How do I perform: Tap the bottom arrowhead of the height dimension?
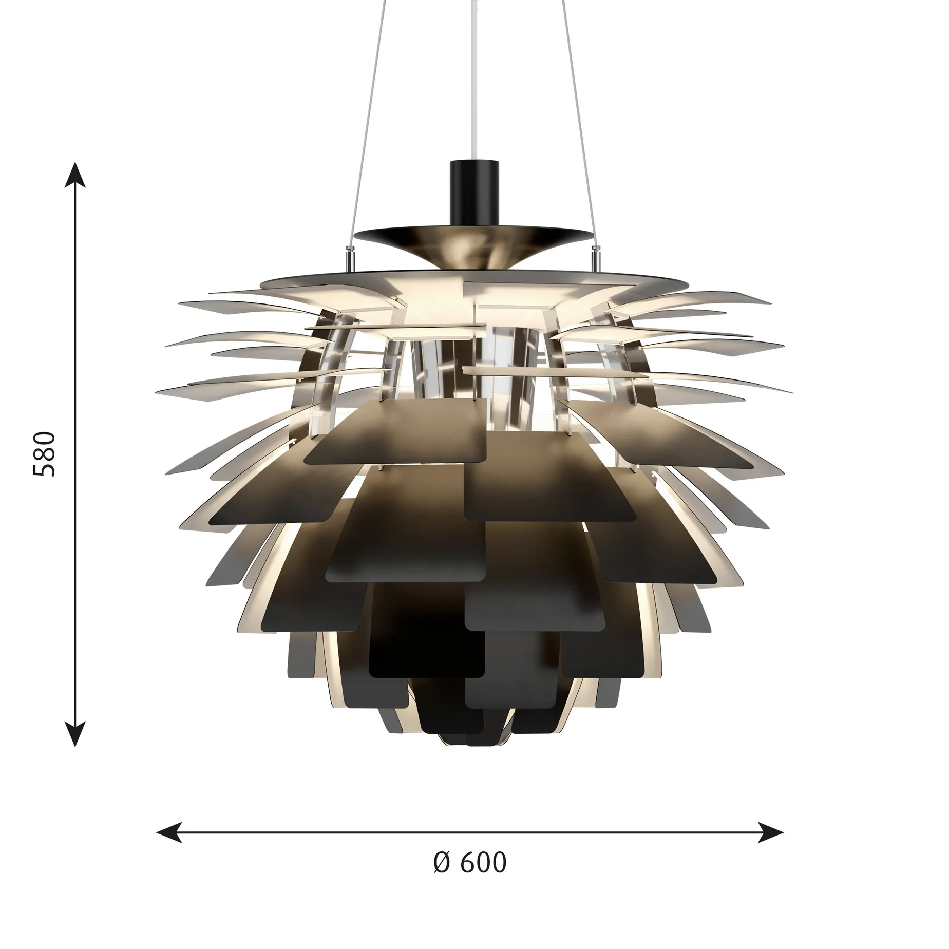click(x=76, y=733)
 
